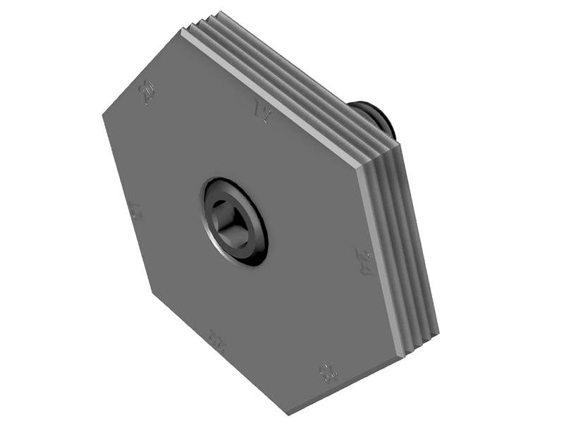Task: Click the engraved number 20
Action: click(x=147, y=92)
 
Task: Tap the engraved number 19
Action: click(x=264, y=111)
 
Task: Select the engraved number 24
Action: click(x=364, y=262)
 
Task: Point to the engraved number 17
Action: click(x=135, y=211)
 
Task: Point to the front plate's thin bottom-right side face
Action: click(x=345, y=388)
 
